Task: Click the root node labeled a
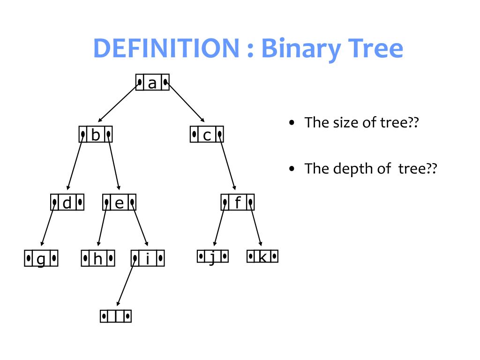point(152,82)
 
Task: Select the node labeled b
point(96,135)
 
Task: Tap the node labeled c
point(207,135)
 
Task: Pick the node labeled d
point(67,202)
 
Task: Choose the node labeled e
point(120,202)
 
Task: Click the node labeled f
point(238,202)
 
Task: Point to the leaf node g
point(41,258)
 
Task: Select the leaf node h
point(98,258)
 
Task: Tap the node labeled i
point(148,258)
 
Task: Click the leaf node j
point(212,256)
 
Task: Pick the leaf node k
point(262,256)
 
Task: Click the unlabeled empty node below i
point(115,316)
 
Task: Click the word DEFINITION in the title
point(166,48)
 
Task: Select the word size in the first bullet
point(343,123)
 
